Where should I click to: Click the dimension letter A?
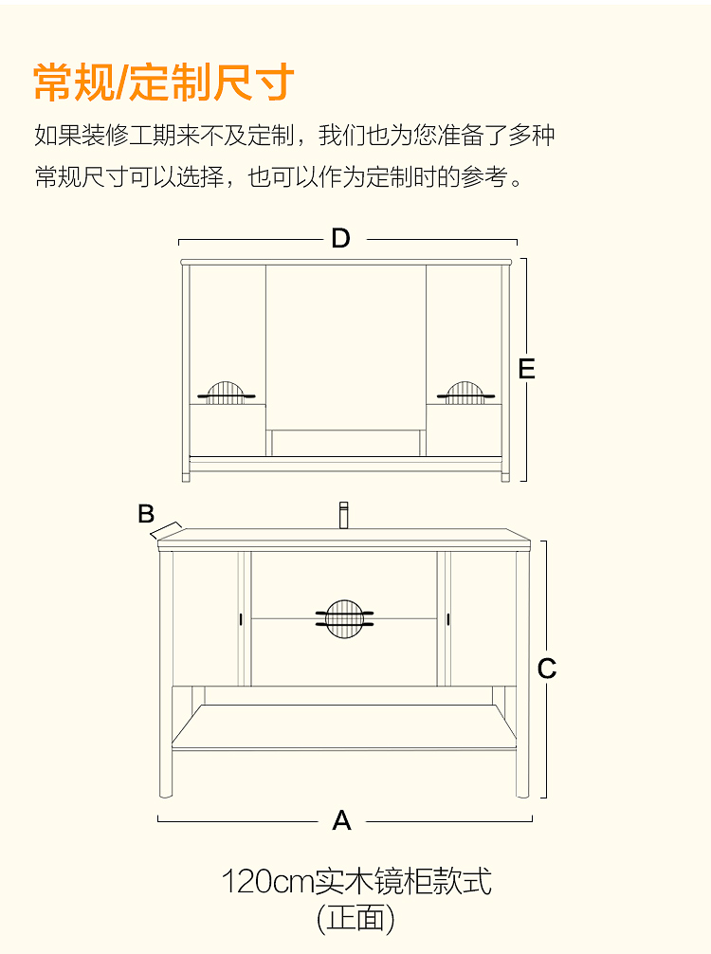[x=342, y=820]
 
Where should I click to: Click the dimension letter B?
[x=146, y=514]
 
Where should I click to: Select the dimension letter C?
[x=547, y=669]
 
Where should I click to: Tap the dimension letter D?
[x=341, y=239]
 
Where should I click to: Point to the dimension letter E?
[x=527, y=369]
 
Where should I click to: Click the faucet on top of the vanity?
[x=344, y=515]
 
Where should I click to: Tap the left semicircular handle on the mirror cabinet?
[x=226, y=393]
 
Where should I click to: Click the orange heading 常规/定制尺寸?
[x=164, y=83]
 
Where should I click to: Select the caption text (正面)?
[x=355, y=918]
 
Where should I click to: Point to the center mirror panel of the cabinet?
[x=345, y=346]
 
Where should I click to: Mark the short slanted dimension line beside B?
[x=168, y=529]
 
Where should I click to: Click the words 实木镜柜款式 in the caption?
[x=404, y=882]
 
